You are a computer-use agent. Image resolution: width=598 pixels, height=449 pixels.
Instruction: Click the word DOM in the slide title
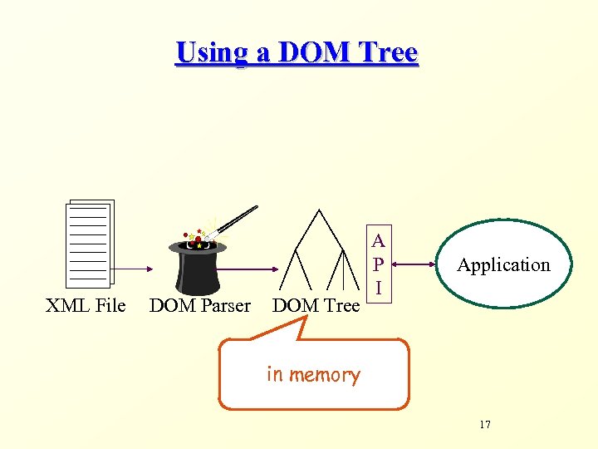pyautogui.click(x=316, y=52)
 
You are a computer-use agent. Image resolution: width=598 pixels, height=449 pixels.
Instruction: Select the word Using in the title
pyautogui.click(x=211, y=53)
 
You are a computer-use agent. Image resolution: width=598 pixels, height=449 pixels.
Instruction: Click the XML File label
pyautogui.click(x=86, y=306)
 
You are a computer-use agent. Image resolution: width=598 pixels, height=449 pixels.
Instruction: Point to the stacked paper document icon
pyautogui.click(x=89, y=244)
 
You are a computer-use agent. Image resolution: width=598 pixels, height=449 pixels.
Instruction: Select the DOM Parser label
pyautogui.click(x=199, y=306)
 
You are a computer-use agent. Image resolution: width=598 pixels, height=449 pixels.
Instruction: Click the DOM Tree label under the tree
pyautogui.click(x=316, y=306)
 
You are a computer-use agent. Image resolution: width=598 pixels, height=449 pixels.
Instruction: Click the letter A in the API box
pyautogui.click(x=379, y=242)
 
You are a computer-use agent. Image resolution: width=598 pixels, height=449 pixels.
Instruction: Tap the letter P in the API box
pyautogui.click(x=379, y=264)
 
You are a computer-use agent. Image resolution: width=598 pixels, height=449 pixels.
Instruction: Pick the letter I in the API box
pyautogui.click(x=379, y=288)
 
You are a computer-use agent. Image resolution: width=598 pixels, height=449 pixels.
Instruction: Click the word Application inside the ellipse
pyautogui.click(x=503, y=265)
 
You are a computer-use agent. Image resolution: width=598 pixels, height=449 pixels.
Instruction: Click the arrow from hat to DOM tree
pyautogui.click(x=252, y=269)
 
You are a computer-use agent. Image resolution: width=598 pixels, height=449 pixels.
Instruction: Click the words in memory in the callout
pyautogui.click(x=313, y=375)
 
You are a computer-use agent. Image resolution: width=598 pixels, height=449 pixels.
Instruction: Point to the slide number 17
pyautogui.click(x=485, y=425)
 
